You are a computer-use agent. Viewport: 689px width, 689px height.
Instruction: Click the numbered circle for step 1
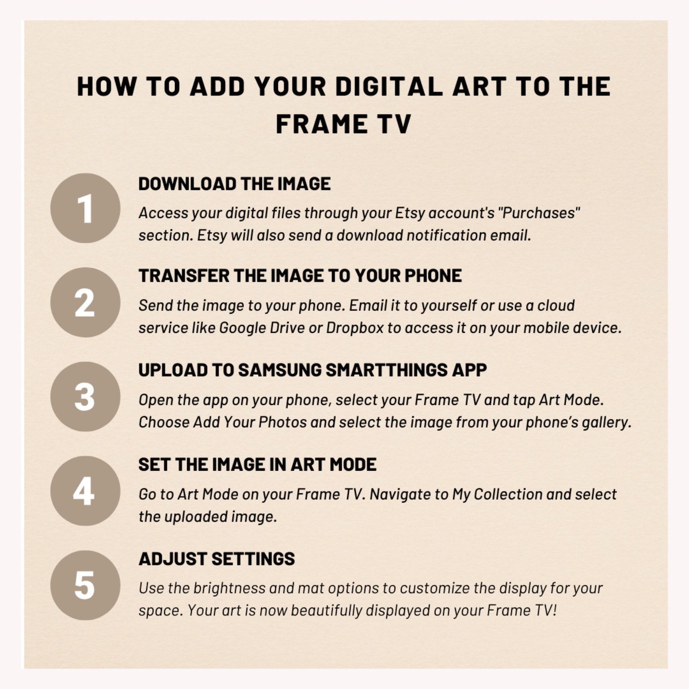coord(85,208)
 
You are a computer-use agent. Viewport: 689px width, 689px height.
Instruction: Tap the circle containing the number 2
coord(85,302)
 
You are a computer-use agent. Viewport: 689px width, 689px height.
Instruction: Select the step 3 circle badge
coord(85,397)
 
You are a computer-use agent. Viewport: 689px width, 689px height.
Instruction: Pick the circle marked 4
coord(85,491)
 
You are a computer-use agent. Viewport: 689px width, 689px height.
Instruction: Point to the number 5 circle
coord(85,585)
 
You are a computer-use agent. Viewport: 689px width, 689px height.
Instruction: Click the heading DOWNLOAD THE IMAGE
coord(234,184)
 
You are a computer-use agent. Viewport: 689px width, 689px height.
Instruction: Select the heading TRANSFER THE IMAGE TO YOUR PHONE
coord(300,276)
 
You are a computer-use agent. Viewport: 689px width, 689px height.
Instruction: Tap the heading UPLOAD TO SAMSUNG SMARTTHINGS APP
coord(312,370)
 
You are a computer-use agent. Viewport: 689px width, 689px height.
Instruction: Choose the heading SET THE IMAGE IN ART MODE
coord(257,465)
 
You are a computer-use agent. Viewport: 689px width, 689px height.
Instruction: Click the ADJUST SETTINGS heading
coord(217,559)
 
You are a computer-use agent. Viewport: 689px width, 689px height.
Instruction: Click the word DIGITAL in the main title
coord(389,86)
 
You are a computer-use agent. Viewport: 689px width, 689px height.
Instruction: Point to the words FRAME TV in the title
coord(343,124)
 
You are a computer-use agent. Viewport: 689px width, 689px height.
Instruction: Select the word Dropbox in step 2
coord(355,328)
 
